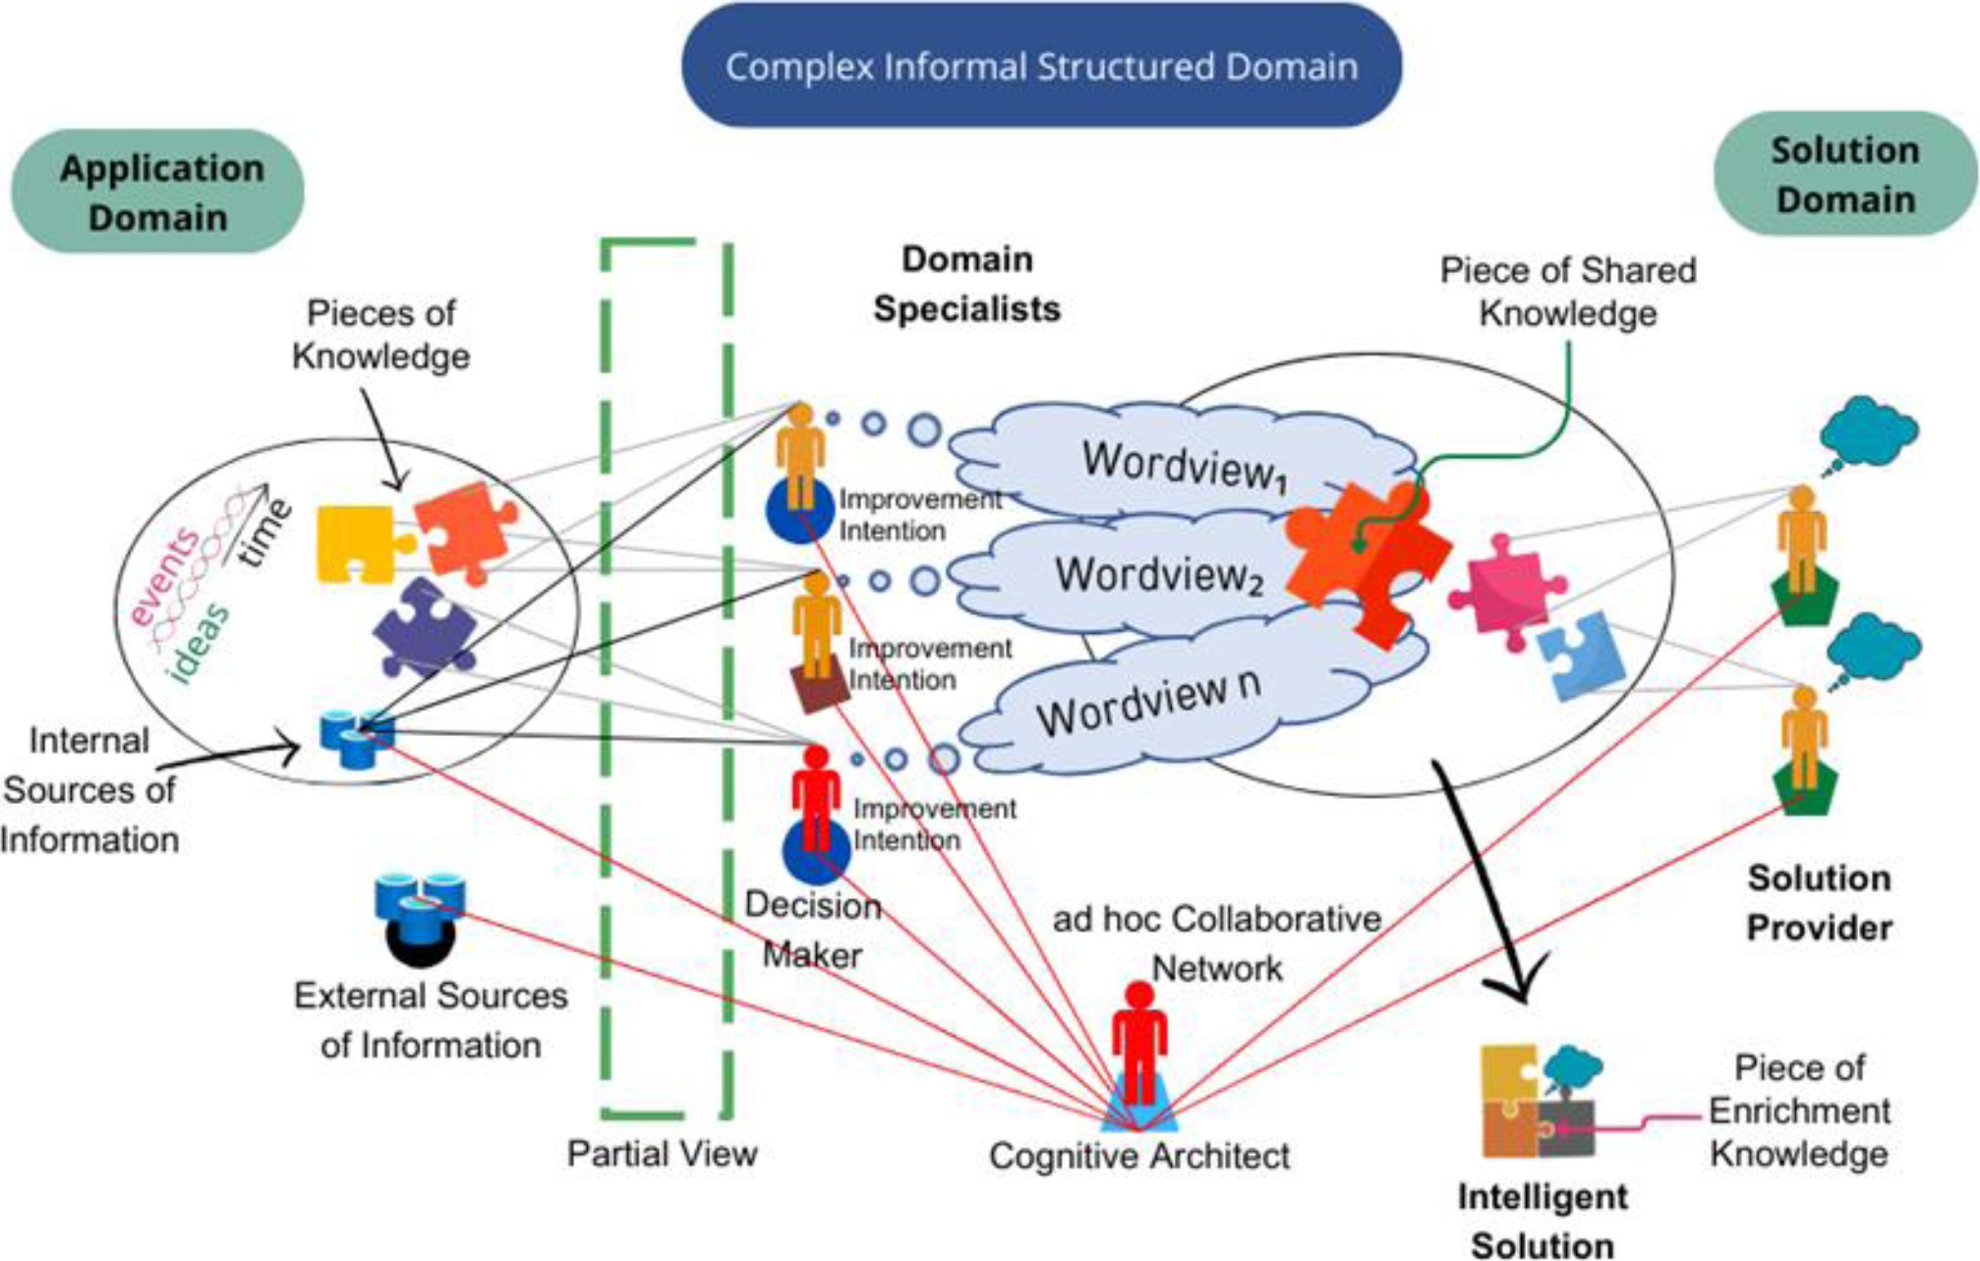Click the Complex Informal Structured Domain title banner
1041,66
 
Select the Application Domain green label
158,192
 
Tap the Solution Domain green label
1845,174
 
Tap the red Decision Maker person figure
816,796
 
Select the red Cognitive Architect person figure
1138,1042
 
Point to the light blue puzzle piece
1579,654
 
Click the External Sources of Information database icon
420,909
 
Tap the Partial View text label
662,1153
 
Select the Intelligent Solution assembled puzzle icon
1539,1101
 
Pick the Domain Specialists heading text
966,284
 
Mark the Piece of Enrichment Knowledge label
1799,1111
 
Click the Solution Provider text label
1819,902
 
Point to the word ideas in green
199,644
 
